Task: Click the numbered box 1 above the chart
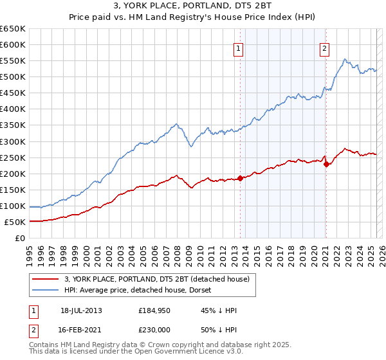[239, 47]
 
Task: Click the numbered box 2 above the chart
[325, 47]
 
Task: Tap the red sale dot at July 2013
[240, 178]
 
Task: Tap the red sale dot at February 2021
[326, 164]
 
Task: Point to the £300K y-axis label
[13, 141]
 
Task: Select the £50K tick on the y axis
[15, 222]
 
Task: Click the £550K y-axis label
[13, 61]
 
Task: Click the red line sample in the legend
[46, 279]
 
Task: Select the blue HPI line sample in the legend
[46, 290]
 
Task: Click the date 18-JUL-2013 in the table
[81, 310]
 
